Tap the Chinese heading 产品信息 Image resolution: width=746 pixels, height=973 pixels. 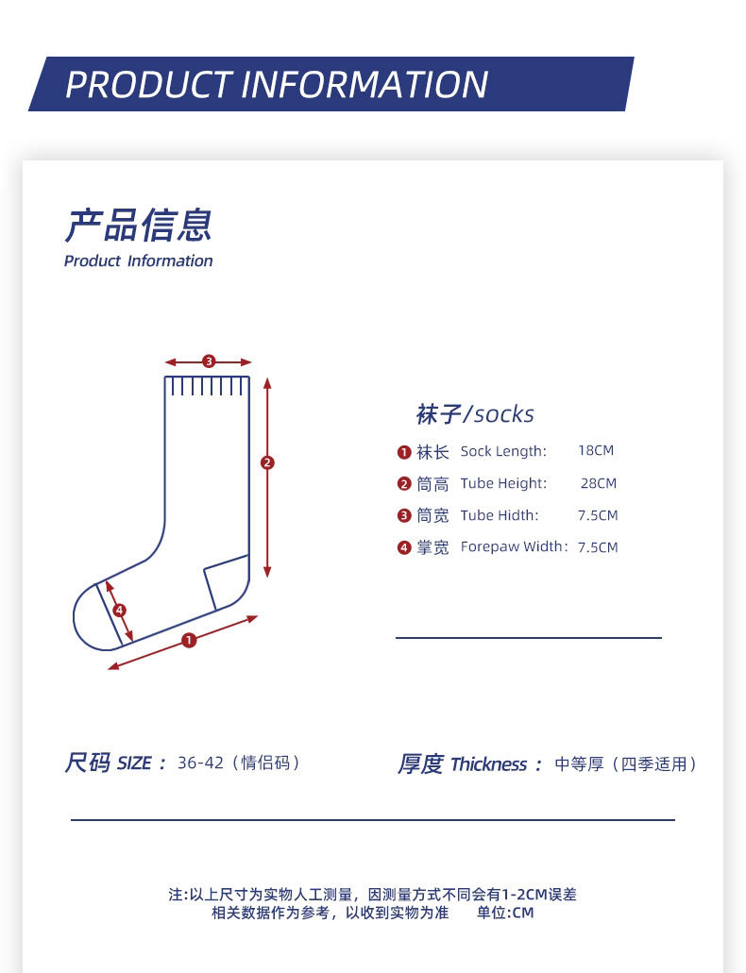pos(138,226)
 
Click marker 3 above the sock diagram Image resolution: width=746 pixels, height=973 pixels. pos(209,361)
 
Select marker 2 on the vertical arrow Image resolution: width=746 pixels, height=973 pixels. pos(267,462)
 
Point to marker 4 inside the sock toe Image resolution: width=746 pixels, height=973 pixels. pos(119,611)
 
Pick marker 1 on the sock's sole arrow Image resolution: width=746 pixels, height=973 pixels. pos(189,640)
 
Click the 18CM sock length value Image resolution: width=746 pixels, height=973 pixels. pos(596,451)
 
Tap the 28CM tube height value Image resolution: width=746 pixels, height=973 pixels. pos(598,483)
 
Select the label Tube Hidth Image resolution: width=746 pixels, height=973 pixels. pos(499,515)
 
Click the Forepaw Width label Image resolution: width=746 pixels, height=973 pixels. pos(514,547)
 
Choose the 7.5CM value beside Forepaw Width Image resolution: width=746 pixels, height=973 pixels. pos(598,547)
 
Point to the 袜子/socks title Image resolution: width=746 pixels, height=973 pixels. pos(475,414)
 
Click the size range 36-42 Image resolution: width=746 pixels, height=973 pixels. pos(200,763)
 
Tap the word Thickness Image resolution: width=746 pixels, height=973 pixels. pos(488,764)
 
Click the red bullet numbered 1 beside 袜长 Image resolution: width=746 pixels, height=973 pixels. pos(404,452)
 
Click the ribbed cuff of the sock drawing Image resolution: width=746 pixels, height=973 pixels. pos(208,386)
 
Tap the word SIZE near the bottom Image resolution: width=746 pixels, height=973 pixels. pos(134,763)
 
